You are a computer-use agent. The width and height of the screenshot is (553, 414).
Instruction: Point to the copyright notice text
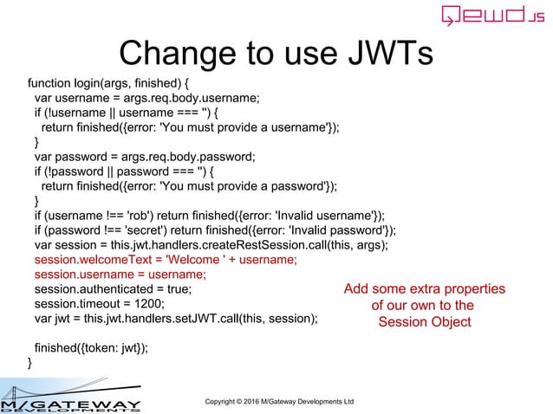tap(278, 402)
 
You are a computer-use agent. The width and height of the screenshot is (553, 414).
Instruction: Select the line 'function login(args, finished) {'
tap(108, 84)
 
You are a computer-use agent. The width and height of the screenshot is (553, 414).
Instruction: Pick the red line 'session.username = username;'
tap(120, 275)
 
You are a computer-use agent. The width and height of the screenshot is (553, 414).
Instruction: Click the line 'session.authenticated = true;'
tap(114, 289)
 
